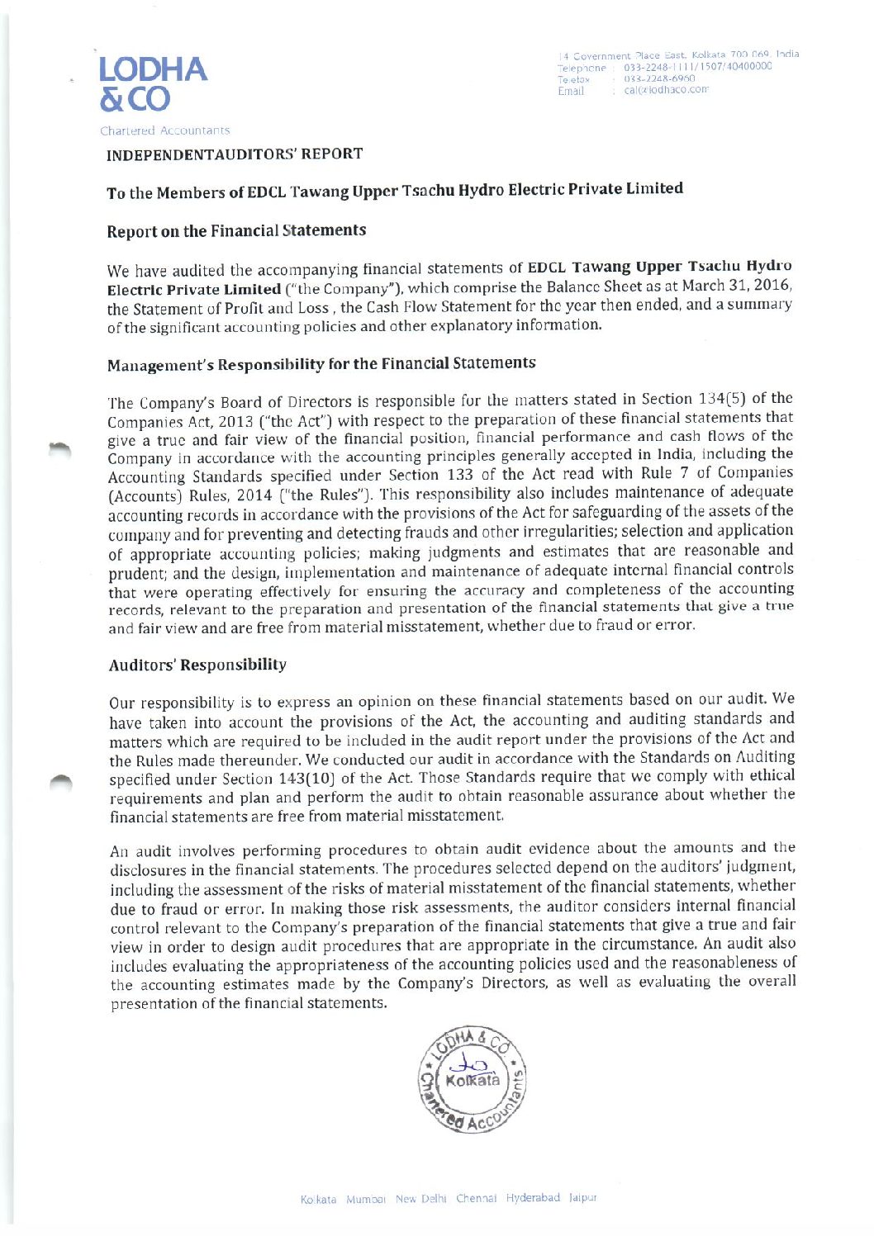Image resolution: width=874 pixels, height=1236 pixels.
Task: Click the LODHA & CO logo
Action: (153, 83)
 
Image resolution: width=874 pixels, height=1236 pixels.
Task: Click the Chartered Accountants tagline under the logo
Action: (165, 130)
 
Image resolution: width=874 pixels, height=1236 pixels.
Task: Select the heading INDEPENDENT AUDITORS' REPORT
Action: (235, 154)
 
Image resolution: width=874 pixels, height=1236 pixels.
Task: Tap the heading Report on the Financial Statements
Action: (236, 231)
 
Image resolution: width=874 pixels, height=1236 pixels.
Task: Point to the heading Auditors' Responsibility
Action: (197, 665)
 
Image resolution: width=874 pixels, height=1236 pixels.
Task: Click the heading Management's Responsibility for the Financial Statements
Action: (321, 364)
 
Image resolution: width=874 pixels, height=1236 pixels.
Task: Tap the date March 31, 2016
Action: (739, 286)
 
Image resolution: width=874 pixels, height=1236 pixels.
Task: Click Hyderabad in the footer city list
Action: (533, 1197)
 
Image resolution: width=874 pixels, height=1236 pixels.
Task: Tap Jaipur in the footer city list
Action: (582, 1197)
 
